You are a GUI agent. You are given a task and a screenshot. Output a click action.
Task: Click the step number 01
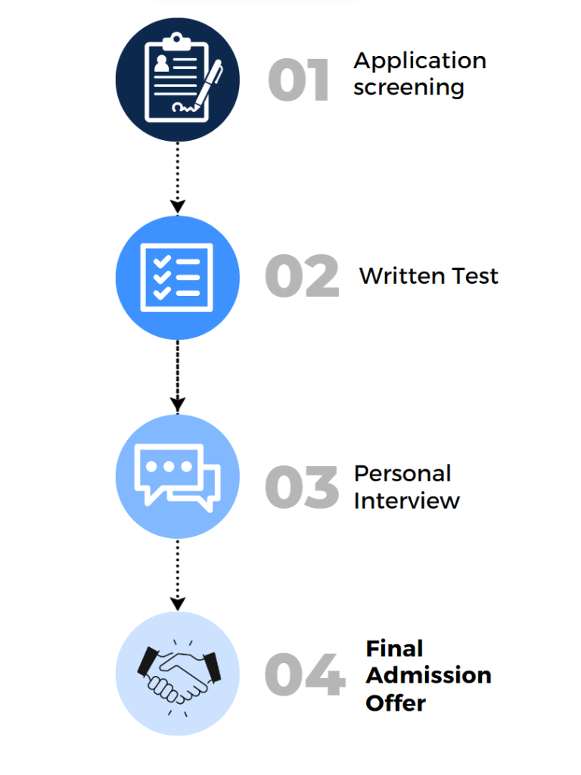click(x=299, y=81)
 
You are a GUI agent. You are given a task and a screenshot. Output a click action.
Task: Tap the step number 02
click(x=302, y=277)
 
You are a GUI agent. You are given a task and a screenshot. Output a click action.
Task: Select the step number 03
click(x=302, y=487)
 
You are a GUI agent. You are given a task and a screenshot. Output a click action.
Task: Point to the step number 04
click(x=304, y=675)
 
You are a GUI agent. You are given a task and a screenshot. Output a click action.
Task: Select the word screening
click(x=409, y=88)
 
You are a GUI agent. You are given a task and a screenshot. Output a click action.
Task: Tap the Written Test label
click(x=428, y=275)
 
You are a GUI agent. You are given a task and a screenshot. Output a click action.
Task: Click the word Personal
click(x=402, y=474)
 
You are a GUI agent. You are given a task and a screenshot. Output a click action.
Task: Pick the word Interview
click(x=406, y=500)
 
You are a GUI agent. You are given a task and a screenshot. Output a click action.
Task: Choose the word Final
click(x=394, y=649)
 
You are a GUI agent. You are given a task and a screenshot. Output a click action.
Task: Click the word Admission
click(x=428, y=675)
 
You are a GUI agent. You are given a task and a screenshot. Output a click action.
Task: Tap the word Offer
click(x=396, y=702)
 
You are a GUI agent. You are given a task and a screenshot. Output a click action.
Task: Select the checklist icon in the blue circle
click(x=177, y=277)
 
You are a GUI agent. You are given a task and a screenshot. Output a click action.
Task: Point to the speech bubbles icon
click(x=177, y=475)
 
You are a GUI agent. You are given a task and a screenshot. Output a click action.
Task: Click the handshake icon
click(x=177, y=673)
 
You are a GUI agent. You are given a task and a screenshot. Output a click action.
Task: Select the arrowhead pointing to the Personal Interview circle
click(x=177, y=405)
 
